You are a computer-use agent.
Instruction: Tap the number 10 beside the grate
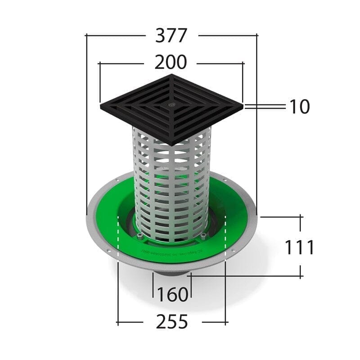pyautogui.click(x=299, y=107)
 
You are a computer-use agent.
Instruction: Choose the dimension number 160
pyautogui.click(x=172, y=295)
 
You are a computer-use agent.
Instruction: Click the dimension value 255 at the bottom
pyautogui.click(x=171, y=322)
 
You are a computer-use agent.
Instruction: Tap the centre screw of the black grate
pyautogui.click(x=172, y=104)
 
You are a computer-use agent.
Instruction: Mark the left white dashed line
pyautogui.click(x=117, y=238)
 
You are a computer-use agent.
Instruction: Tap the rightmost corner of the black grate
pyautogui.click(x=243, y=107)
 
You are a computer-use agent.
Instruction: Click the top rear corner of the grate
pyautogui.click(x=171, y=75)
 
